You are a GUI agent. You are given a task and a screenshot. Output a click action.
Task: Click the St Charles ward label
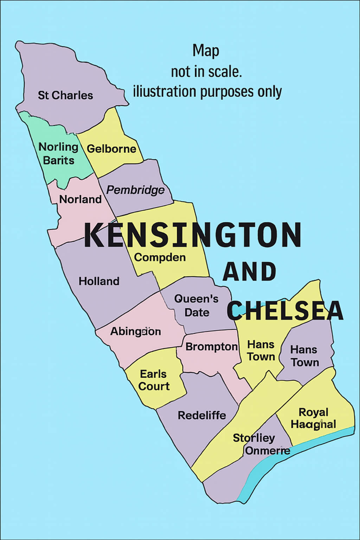point(65,95)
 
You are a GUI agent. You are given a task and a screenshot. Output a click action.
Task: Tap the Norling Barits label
point(58,154)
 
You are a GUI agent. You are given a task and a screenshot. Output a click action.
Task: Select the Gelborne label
point(111,149)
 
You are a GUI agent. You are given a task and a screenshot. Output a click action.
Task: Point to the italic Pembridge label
point(135,190)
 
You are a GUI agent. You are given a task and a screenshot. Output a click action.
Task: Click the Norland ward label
point(80,199)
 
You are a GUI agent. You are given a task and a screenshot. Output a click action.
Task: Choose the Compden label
point(160,257)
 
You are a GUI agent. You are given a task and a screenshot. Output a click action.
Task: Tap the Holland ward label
point(99,281)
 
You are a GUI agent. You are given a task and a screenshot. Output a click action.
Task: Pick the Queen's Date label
point(197,306)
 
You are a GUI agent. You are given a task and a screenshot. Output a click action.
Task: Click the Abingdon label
point(135,332)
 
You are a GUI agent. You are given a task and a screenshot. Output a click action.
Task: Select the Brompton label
point(211,347)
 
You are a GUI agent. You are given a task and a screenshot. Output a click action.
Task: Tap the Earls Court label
point(154,380)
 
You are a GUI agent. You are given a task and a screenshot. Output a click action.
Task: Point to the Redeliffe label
point(202,416)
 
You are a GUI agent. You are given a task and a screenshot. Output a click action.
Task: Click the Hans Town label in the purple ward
point(304,356)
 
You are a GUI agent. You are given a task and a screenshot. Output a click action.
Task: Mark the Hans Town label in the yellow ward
point(261,351)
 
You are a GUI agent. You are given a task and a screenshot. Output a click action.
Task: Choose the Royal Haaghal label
point(313,418)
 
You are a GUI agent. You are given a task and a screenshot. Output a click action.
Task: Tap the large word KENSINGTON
point(193,235)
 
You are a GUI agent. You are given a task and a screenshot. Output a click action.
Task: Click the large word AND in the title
point(250,272)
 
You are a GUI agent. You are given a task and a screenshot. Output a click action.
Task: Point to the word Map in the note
point(206,51)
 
